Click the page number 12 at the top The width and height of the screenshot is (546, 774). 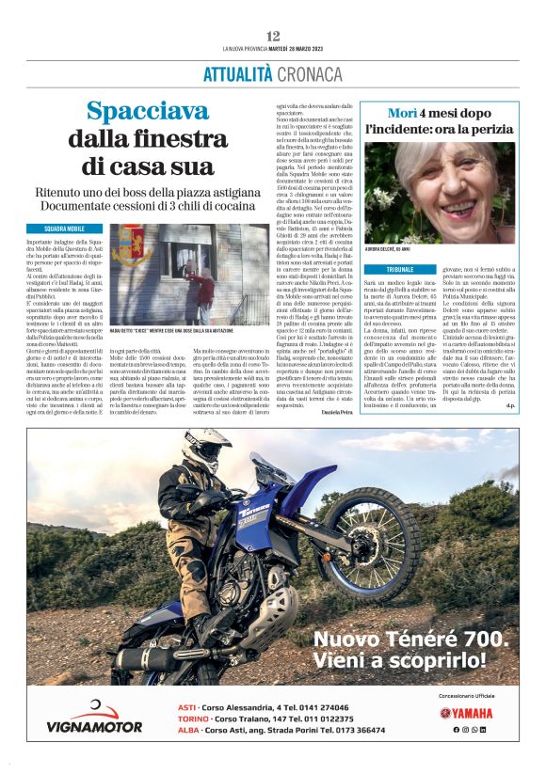[x=273, y=36]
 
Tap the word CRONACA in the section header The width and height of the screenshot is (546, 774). [x=308, y=72]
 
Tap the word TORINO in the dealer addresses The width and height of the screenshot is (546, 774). [x=195, y=718]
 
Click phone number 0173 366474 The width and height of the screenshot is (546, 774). [x=359, y=730]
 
